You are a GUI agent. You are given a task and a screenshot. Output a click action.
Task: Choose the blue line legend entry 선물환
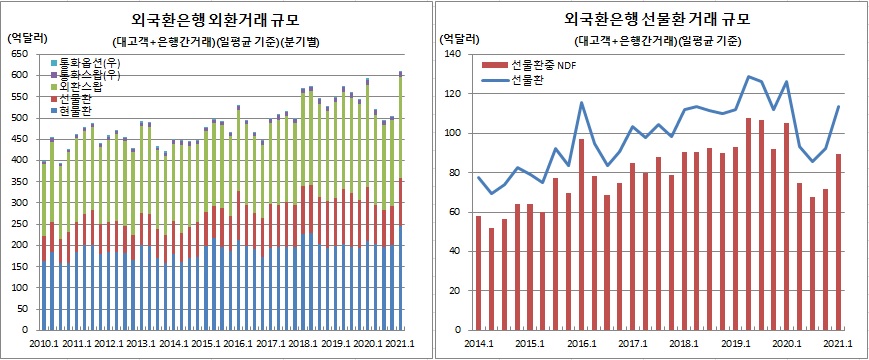pos(527,79)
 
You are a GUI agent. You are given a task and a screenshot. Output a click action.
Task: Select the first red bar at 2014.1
pos(478,272)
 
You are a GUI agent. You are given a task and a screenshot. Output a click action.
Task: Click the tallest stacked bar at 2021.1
pos(401,200)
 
